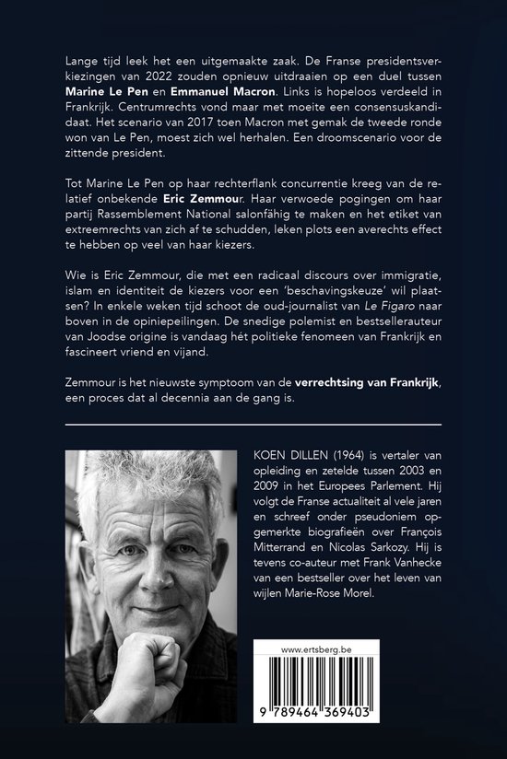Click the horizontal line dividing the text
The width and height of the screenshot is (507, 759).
click(x=253, y=425)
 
